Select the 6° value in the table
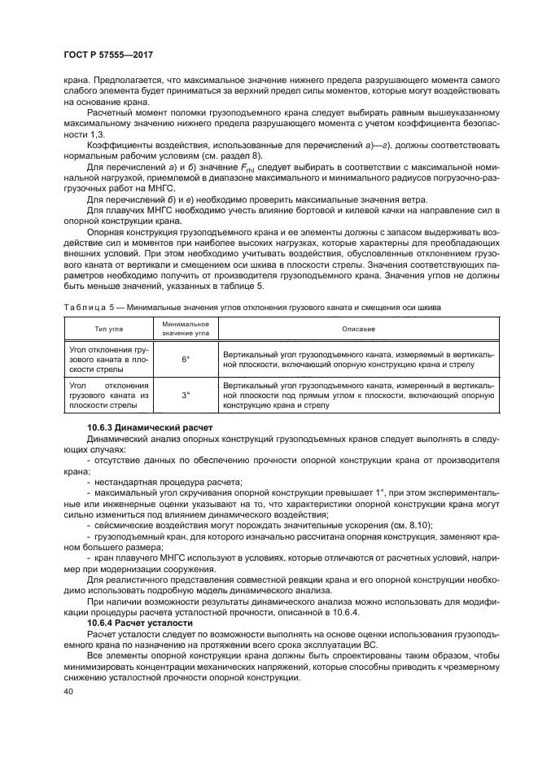click(186, 359)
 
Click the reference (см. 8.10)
click(411, 525)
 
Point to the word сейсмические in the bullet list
click(121, 525)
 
